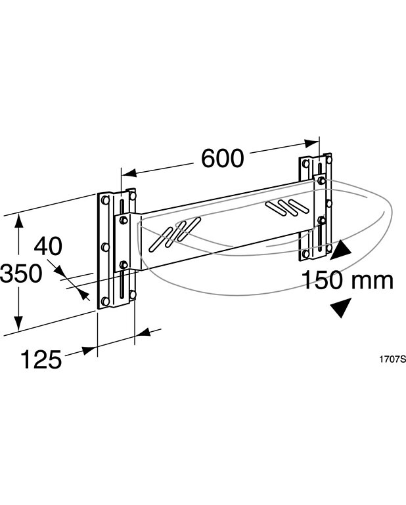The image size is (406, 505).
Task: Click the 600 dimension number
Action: [x=222, y=159]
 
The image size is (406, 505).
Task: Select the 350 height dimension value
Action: [x=22, y=273]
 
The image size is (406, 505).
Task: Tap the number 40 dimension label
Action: [x=48, y=247]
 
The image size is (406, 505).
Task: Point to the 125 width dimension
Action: [x=41, y=359]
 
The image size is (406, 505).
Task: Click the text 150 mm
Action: [x=347, y=281]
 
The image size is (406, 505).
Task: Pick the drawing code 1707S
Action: [x=392, y=359]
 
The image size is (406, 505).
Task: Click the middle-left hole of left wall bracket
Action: [x=104, y=247]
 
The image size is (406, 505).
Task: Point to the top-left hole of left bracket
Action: [x=105, y=199]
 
